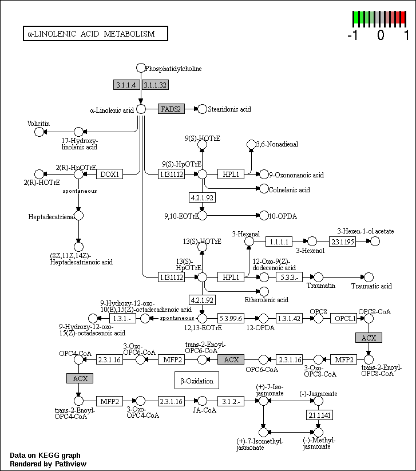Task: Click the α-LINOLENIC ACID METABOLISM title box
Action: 95,34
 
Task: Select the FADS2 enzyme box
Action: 171,109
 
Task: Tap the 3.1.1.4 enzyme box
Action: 126,85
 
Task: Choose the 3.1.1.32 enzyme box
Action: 155,85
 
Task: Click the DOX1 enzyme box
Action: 110,174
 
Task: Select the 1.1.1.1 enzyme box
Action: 279,242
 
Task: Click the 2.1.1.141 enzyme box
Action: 319,415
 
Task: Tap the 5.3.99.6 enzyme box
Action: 231,318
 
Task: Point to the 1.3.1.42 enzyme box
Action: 289,318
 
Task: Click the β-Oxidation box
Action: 197,380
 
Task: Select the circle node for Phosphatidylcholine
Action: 141,68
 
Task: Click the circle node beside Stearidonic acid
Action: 203,109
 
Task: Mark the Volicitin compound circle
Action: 39,132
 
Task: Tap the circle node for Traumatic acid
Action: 369,277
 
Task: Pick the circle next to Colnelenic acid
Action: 264,189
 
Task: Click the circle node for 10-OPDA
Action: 264,215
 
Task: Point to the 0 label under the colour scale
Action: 381,35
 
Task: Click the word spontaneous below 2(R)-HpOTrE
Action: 80,191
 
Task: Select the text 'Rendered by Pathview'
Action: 48,464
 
